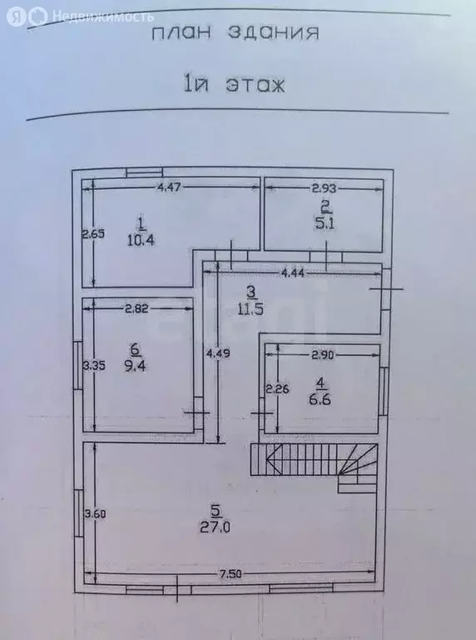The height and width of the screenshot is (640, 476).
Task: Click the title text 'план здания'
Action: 236,33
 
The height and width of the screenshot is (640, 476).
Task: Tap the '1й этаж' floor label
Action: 235,85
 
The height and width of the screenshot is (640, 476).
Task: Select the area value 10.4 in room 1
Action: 141,240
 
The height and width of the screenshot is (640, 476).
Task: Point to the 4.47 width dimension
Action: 169,187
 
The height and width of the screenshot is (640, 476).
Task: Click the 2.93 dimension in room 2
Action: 324,188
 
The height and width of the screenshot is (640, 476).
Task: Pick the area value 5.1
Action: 325,223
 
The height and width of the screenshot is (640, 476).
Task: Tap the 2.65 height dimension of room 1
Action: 94,234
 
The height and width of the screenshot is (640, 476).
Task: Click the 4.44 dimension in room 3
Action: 293,273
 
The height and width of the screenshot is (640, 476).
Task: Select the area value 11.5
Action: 250,308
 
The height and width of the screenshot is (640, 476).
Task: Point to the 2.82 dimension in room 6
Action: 136,309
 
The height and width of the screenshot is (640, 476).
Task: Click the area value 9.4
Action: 135,366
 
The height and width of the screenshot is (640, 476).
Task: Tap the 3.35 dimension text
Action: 94,365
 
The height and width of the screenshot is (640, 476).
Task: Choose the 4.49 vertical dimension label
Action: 218,353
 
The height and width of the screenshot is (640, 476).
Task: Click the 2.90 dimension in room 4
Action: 323,355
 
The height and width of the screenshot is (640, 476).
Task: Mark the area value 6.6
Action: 320,399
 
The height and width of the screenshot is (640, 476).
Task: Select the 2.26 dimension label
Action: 277,389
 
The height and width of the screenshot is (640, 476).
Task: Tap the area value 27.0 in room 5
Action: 215,527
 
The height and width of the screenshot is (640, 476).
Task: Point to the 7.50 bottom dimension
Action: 231,574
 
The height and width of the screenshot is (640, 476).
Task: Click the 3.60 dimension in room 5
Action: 95,513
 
